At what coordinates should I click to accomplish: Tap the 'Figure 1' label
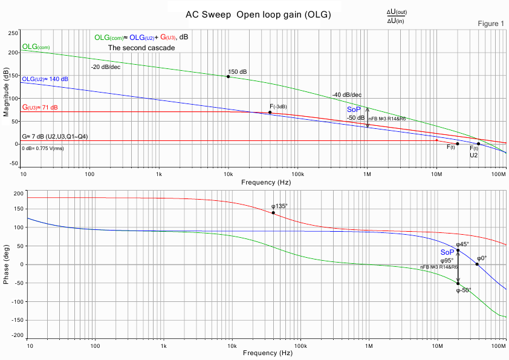click(490, 24)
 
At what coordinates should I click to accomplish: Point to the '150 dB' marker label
click(237, 72)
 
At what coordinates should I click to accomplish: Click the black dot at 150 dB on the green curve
click(228, 76)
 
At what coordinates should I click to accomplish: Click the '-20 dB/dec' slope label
click(105, 67)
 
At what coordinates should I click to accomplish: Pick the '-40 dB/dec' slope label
click(346, 94)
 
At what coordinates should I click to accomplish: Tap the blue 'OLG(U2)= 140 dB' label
click(45, 79)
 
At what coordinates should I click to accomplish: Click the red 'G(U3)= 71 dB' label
click(40, 107)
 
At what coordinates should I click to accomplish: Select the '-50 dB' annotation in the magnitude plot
click(355, 117)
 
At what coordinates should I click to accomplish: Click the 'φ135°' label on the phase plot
click(280, 206)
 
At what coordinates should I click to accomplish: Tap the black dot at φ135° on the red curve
click(273, 212)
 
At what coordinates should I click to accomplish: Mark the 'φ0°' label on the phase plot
click(481, 258)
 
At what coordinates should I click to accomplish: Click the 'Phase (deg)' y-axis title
click(7, 264)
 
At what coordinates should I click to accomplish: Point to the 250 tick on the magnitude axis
click(12, 33)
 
